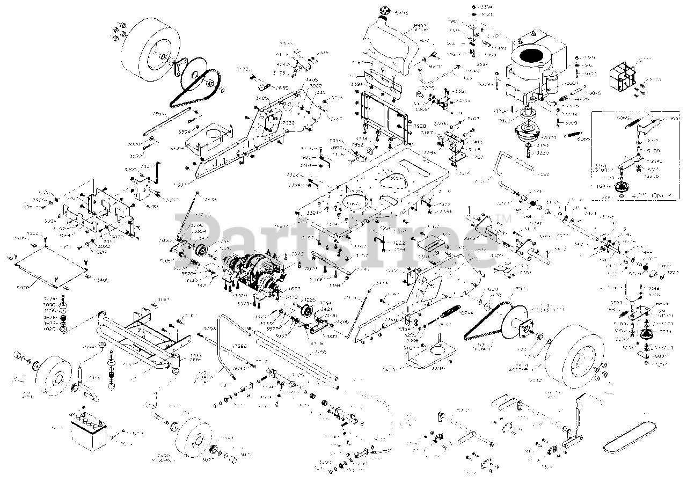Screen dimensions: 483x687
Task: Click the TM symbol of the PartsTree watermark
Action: pyautogui.click(x=504, y=217)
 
